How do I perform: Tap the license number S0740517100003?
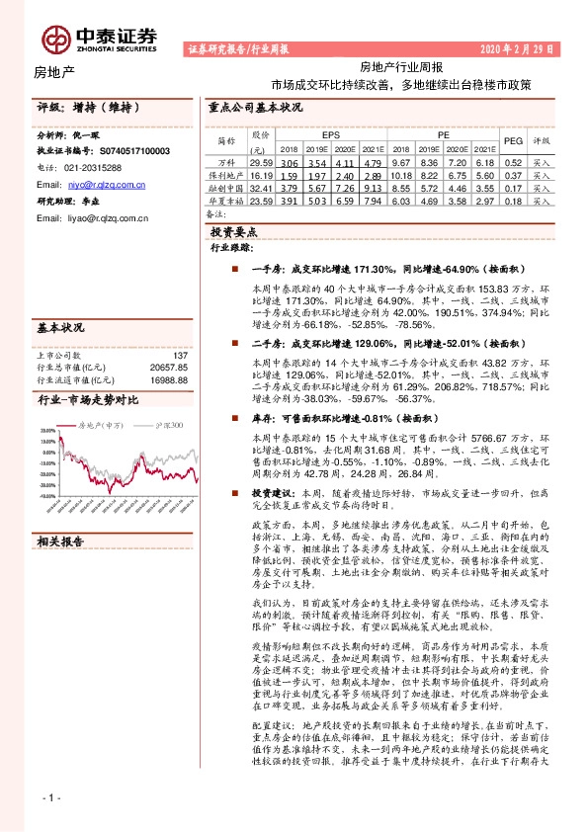(117, 150)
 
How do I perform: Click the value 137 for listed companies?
(180, 355)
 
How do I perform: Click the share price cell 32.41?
(261, 186)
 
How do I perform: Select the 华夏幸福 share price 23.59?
(261, 199)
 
